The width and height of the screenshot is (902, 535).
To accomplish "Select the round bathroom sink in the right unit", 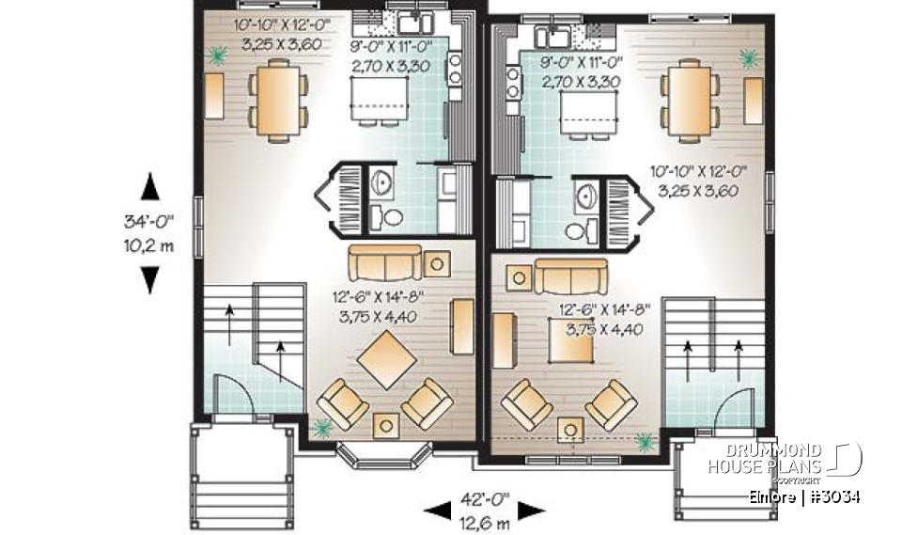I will [586, 196].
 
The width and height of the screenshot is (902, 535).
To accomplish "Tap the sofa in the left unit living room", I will [383, 263].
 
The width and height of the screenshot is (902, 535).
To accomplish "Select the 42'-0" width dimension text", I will [485, 500].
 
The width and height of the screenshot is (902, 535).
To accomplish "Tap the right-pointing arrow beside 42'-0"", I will [532, 510].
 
